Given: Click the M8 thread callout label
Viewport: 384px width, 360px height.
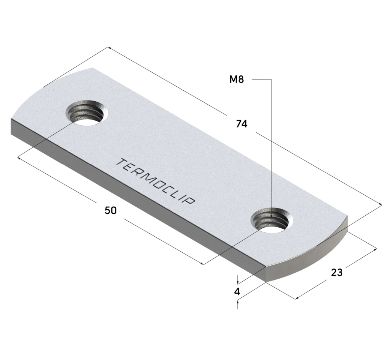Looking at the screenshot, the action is tap(237, 79).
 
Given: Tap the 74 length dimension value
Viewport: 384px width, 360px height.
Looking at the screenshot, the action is tap(242, 124).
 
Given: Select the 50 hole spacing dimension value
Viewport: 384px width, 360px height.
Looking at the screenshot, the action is tap(111, 210).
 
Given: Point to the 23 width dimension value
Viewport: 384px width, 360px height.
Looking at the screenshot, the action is tap(337, 272).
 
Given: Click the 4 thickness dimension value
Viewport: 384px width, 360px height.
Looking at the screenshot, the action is tap(237, 292).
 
